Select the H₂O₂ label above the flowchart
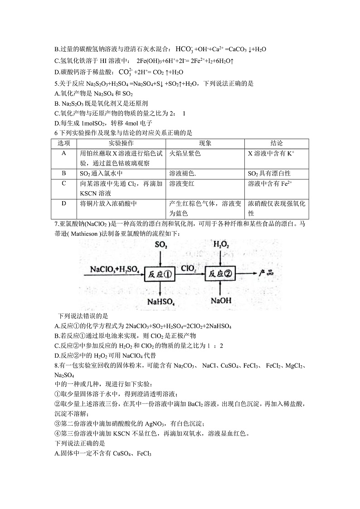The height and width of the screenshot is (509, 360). pos(220,245)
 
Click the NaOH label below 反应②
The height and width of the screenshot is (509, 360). pos(220,301)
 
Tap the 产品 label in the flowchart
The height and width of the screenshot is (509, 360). pos(265,273)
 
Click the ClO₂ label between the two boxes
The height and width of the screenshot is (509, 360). pos(189,269)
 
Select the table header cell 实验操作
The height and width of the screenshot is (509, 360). pos(121,143)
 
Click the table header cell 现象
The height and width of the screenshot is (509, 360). pos(206,143)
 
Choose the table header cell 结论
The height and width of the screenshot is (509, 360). pos(277,143)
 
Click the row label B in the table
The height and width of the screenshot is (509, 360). pos(64,173)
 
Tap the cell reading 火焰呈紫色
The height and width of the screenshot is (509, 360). pos(185,154)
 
